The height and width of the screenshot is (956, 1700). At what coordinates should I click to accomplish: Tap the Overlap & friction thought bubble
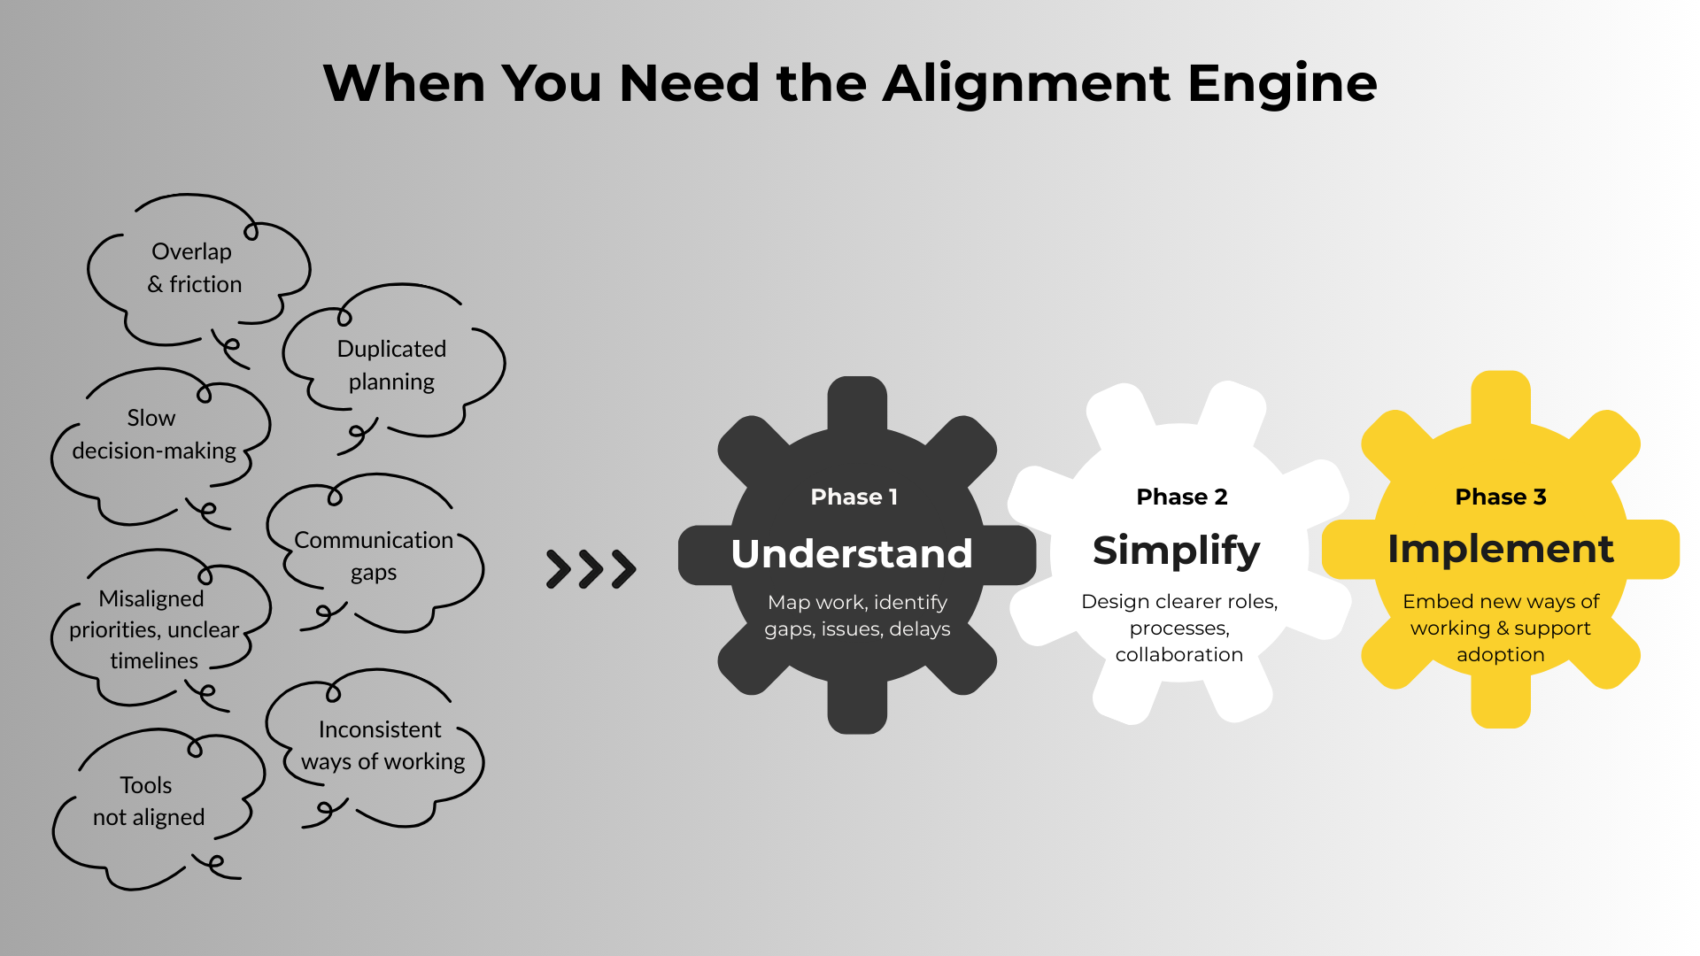[x=194, y=268]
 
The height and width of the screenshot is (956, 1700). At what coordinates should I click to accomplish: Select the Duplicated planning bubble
[x=391, y=365]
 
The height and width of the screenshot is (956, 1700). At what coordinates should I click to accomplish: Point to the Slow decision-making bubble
[x=155, y=435]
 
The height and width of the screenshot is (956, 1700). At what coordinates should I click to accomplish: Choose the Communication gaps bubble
[x=374, y=556]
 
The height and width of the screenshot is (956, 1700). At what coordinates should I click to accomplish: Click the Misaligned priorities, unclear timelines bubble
[x=154, y=629]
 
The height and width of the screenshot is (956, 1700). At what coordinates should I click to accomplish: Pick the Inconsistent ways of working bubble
[x=382, y=745]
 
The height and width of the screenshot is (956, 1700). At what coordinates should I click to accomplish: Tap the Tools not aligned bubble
[x=149, y=801]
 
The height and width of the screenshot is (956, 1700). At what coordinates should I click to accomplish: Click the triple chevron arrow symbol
[x=591, y=569]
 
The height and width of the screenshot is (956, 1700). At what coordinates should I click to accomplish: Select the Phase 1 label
[x=854, y=497]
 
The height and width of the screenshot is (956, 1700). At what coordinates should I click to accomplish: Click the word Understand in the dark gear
[x=852, y=553]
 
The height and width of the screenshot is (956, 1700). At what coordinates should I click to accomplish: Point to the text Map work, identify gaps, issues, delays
[x=857, y=615]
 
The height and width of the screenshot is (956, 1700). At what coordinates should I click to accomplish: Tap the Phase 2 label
[x=1181, y=497]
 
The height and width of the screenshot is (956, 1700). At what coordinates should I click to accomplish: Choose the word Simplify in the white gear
[x=1176, y=551]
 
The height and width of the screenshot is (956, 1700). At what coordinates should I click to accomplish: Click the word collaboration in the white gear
[x=1178, y=654]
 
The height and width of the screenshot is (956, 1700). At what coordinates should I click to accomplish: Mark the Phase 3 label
[x=1500, y=497]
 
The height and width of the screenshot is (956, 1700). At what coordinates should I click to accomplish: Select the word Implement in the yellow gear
[x=1500, y=549]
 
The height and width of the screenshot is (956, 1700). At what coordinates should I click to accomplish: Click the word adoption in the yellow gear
[x=1500, y=654]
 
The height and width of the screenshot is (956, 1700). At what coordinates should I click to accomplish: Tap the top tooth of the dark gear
[x=857, y=403]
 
